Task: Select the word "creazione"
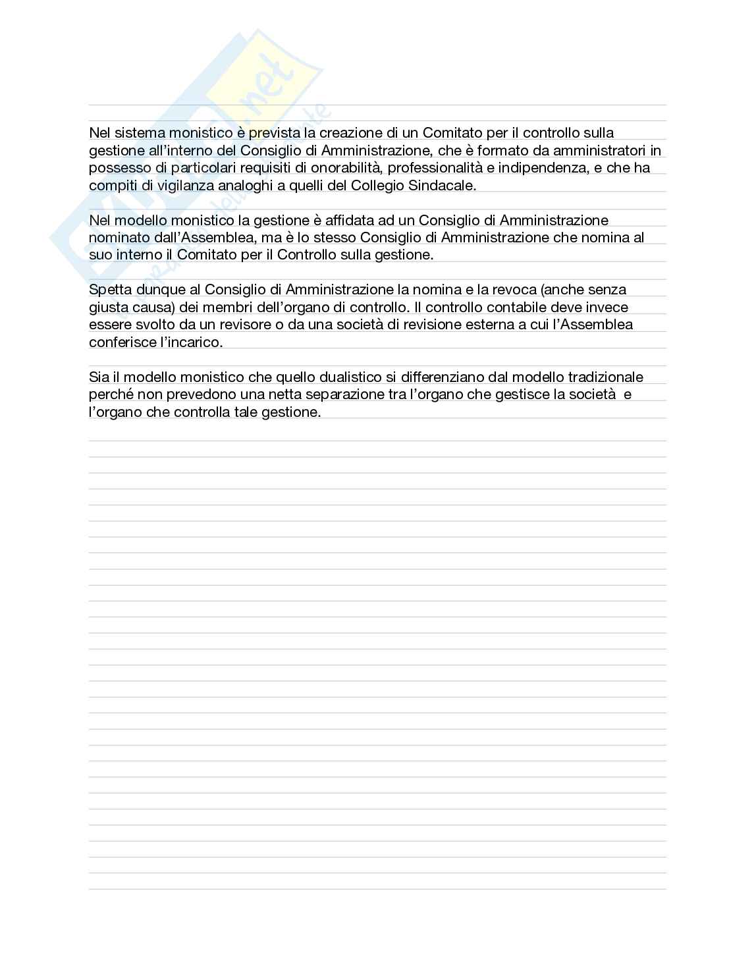347,133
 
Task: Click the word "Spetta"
111,290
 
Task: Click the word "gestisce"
506,395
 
